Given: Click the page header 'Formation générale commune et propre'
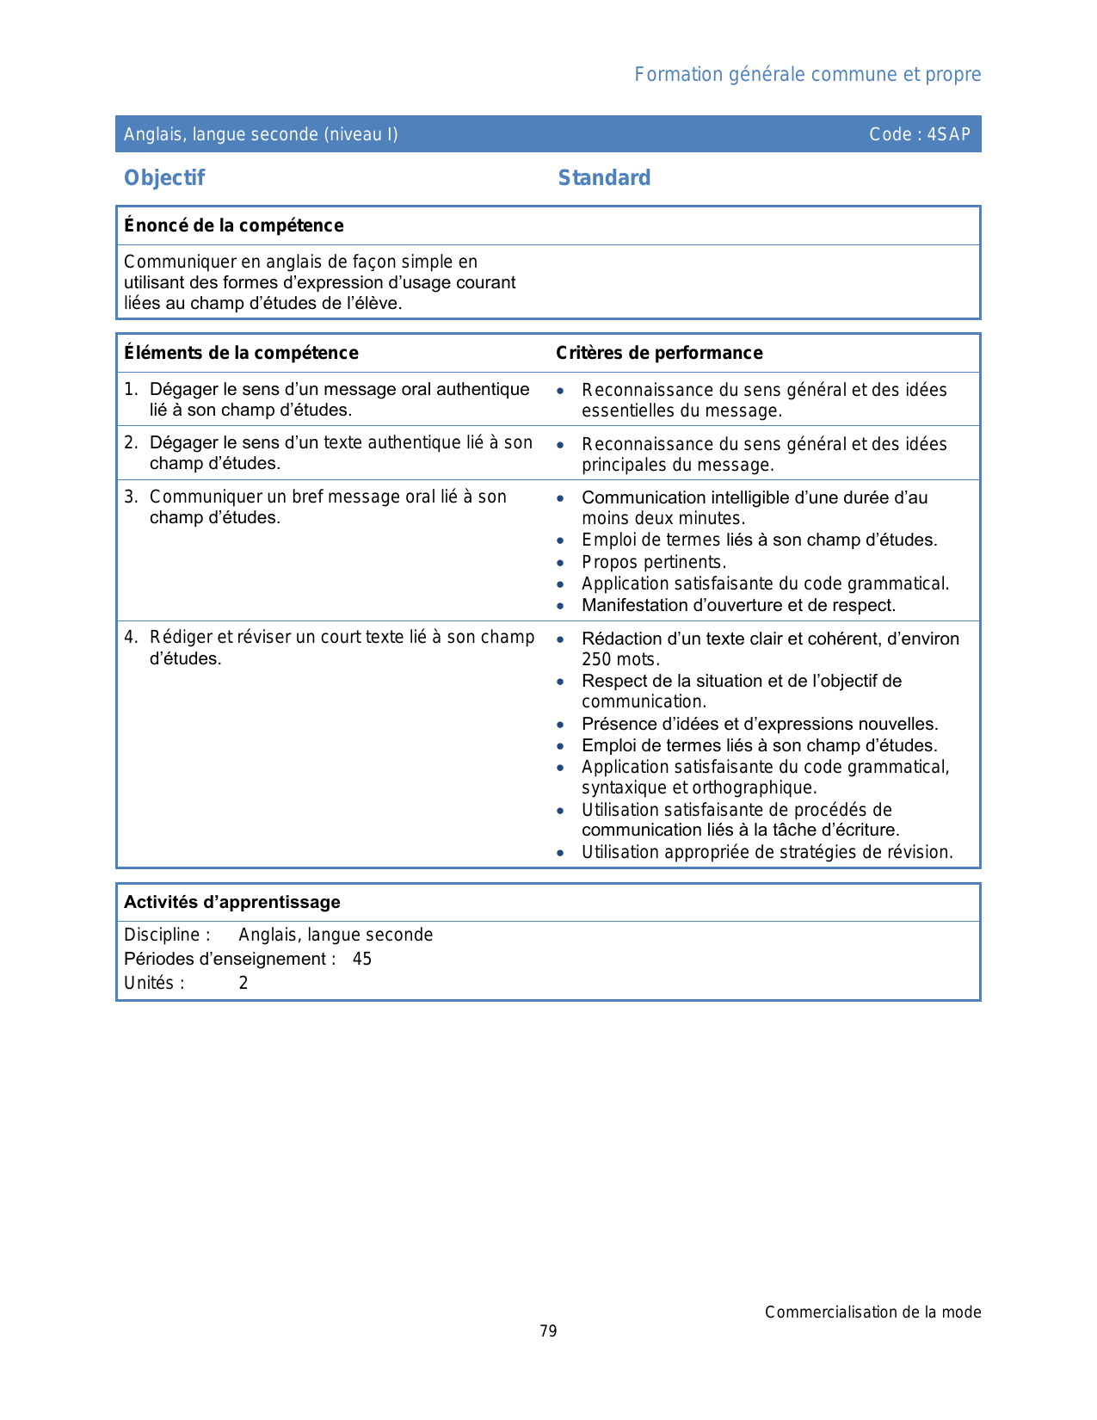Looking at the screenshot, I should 807,75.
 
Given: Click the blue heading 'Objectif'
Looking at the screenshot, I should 164,178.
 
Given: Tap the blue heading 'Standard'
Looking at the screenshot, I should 604,178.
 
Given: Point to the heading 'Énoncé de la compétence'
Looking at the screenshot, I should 234,225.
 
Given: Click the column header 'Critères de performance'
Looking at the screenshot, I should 659,353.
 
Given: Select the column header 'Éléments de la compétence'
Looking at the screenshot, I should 241,353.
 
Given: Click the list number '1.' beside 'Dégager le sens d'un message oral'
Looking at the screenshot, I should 130,390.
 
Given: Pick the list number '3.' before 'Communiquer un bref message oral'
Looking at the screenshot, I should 130,497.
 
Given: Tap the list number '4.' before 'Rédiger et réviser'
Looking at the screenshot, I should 130,638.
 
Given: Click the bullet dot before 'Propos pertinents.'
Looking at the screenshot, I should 560,563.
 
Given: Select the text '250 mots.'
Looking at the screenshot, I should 620,660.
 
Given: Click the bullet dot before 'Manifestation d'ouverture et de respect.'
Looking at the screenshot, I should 560,606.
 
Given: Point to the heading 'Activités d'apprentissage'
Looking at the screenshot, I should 232,902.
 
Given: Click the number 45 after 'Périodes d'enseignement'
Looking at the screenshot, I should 362,959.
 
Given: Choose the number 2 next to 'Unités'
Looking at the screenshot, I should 243,983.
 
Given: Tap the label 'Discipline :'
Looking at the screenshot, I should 167,935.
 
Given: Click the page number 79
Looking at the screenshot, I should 548,1331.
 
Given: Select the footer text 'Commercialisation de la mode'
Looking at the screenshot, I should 872,1312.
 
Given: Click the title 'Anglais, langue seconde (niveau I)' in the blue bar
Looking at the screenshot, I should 261,134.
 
